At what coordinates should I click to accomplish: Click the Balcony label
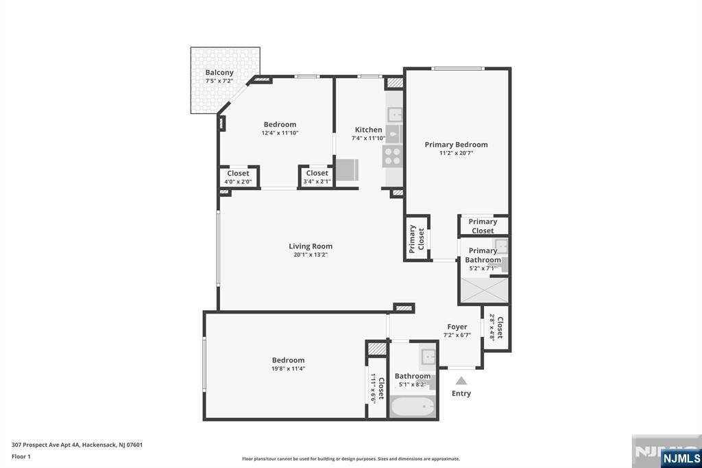(219, 73)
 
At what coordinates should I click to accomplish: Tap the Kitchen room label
(368, 130)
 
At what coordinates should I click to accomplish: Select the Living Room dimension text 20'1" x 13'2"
(311, 255)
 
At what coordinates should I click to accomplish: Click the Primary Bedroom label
(456, 145)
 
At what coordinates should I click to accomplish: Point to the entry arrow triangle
(461, 381)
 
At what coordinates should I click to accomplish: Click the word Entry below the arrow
(461, 393)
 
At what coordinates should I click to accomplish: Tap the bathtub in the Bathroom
(412, 407)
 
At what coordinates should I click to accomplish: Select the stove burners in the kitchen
(393, 156)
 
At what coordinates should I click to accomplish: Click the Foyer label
(457, 327)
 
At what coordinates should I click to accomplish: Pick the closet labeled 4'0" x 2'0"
(239, 177)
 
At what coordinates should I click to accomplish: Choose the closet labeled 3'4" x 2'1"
(317, 177)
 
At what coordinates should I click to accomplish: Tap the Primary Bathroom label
(483, 255)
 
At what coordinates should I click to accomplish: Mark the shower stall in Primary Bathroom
(484, 289)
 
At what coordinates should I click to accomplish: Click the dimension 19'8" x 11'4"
(288, 368)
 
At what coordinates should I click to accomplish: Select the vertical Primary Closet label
(416, 239)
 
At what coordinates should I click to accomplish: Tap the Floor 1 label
(22, 456)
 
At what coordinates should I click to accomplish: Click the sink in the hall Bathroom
(428, 357)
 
